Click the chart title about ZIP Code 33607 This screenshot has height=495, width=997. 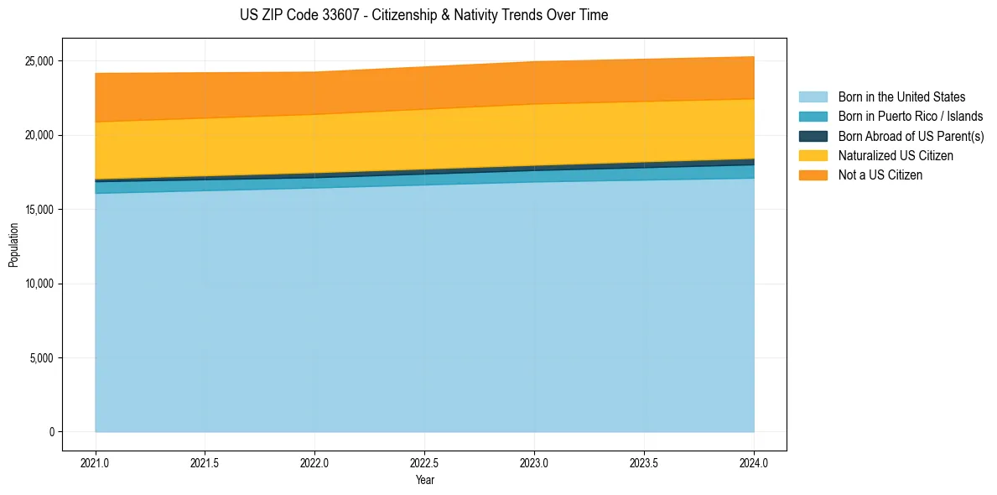tap(423, 15)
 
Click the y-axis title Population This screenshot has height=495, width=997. tap(13, 245)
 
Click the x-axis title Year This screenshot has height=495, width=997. tap(424, 481)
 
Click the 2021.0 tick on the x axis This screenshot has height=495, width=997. tap(96, 462)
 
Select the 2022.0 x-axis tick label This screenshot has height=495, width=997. tap(314, 462)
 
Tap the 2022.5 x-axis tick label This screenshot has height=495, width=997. tap(424, 462)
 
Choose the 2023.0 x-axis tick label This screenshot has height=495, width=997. tap(534, 462)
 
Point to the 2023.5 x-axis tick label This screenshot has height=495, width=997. tap(644, 462)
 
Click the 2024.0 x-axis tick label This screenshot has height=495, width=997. tap(754, 462)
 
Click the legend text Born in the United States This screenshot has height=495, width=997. tap(901, 97)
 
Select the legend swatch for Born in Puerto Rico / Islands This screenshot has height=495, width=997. tap(813, 117)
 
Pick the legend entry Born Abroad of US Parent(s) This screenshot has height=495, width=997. tap(911, 136)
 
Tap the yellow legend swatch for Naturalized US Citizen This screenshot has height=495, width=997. tap(813, 155)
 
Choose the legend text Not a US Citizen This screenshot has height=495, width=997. tap(880, 175)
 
